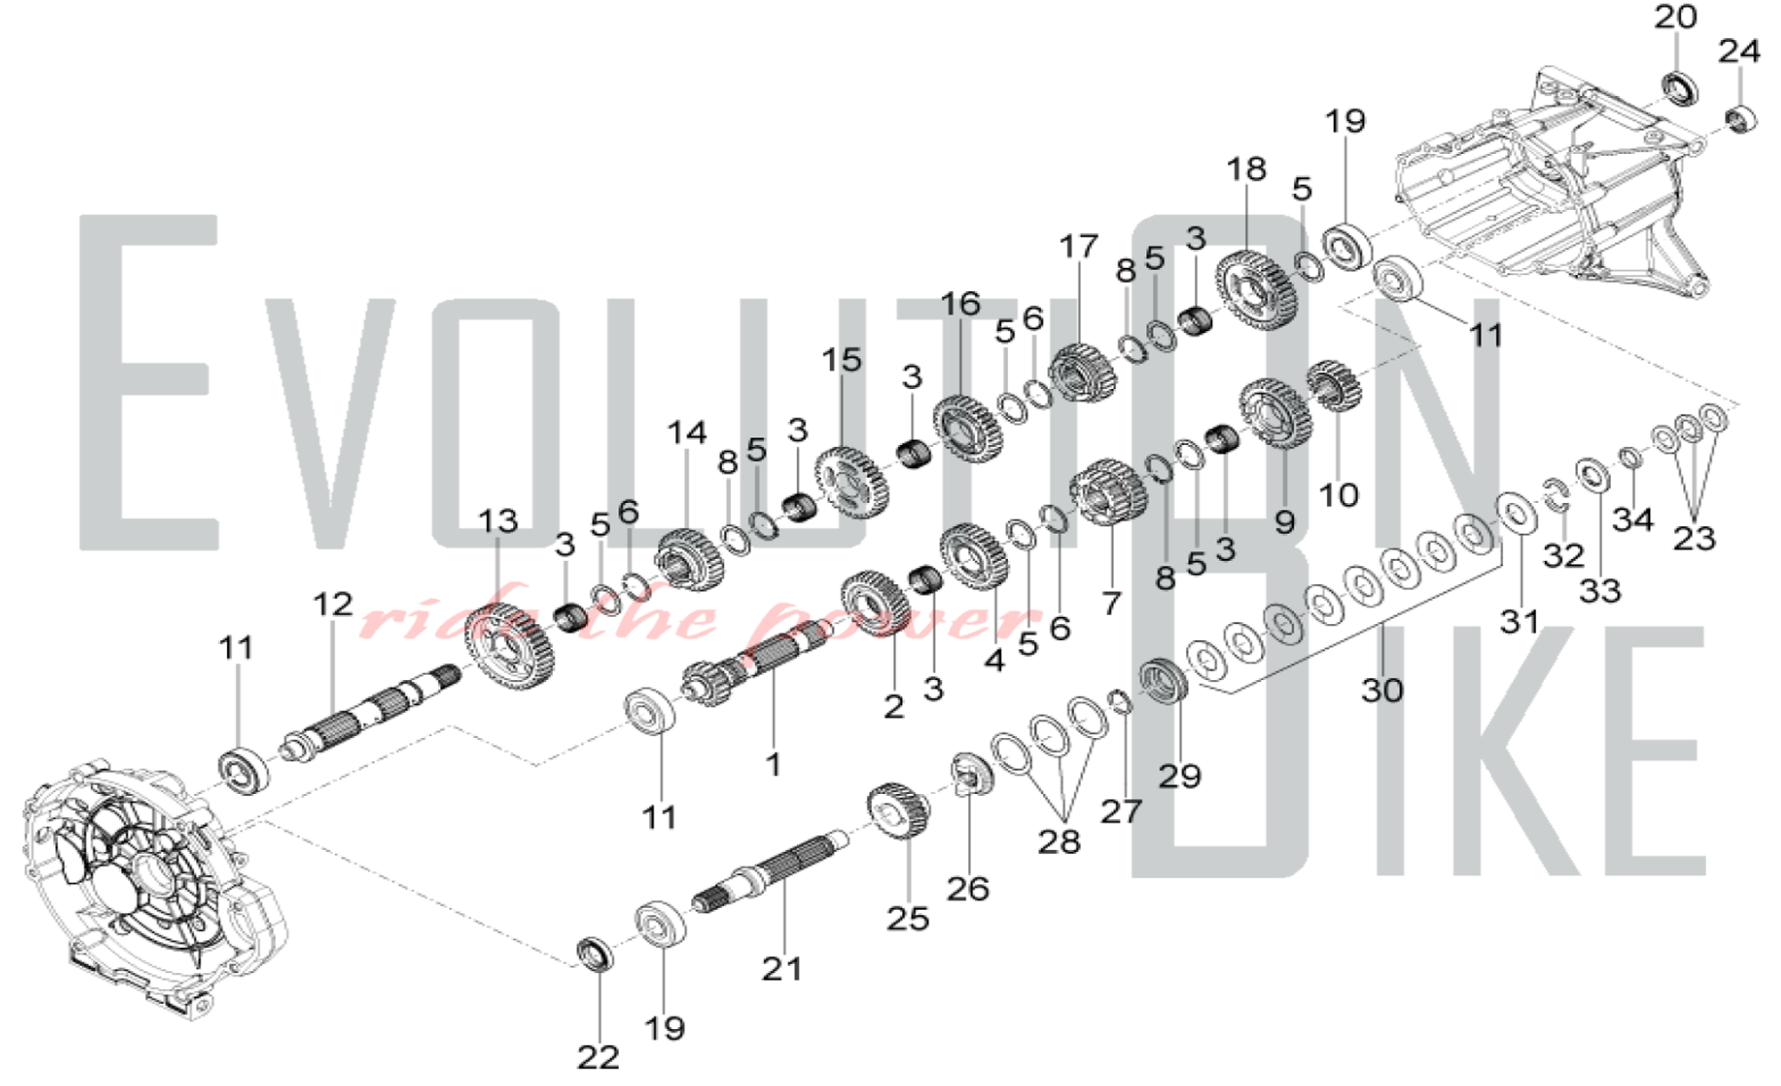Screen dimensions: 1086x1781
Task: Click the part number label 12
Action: click(x=332, y=605)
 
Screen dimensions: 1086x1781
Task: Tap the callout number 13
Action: click(x=497, y=522)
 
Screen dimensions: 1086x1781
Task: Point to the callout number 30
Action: click(x=1382, y=690)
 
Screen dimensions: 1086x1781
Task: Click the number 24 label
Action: click(x=1739, y=52)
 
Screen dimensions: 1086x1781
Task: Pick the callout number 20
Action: click(x=1676, y=17)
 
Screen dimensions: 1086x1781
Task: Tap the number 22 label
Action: click(x=598, y=1058)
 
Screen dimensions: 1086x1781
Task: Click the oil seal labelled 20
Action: click(x=1679, y=88)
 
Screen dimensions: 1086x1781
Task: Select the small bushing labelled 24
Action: click(x=1740, y=118)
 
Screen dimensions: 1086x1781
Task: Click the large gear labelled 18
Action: click(x=1254, y=289)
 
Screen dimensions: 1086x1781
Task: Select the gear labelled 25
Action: click(x=899, y=810)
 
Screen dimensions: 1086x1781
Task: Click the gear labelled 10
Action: click(x=1333, y=385)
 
